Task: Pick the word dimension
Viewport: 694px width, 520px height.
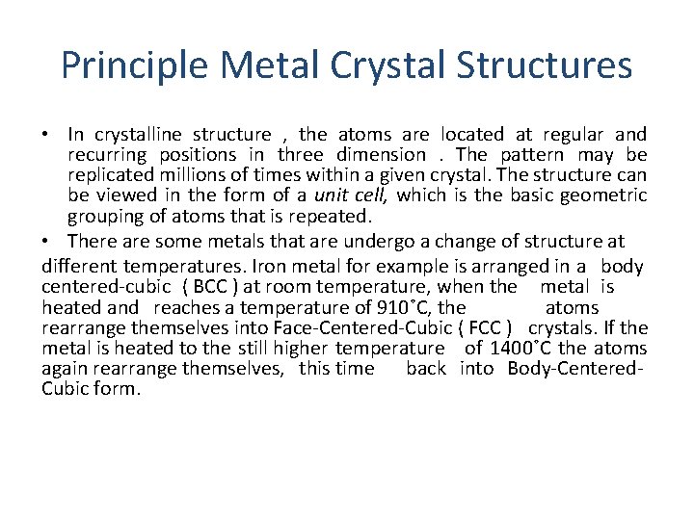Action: (381, 155)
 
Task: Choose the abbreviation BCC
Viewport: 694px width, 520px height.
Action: (211, 287)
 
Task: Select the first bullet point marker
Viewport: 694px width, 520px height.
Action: (48, 135)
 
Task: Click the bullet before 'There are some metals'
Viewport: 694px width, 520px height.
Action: (48, 241)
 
